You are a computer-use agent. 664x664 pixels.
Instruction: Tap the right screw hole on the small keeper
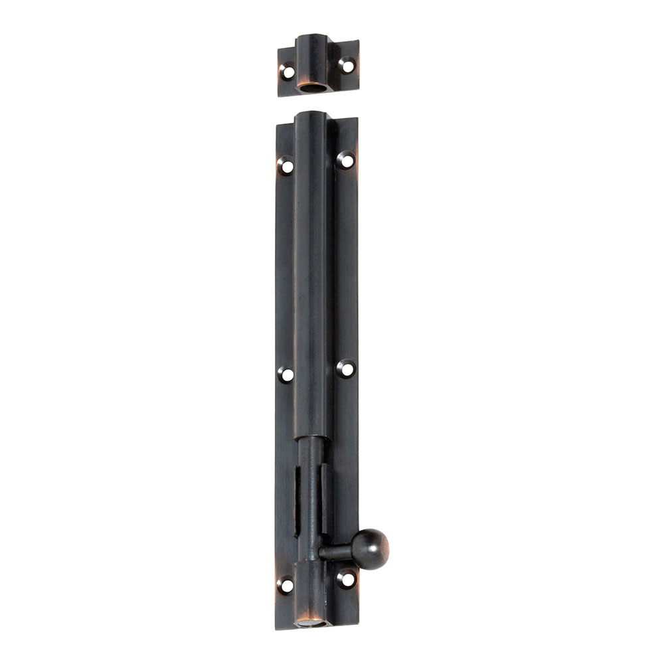point(346,65)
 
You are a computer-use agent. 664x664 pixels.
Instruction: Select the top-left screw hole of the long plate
point(286,165)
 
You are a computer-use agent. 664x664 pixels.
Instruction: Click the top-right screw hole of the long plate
point(345,159)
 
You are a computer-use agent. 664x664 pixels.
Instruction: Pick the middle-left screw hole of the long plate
point(286,374)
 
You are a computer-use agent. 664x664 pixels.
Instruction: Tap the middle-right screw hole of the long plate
point(345,369)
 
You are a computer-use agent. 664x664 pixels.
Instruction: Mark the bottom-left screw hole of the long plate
point(286,585)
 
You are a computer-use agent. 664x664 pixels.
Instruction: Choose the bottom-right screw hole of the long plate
point(345,578)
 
